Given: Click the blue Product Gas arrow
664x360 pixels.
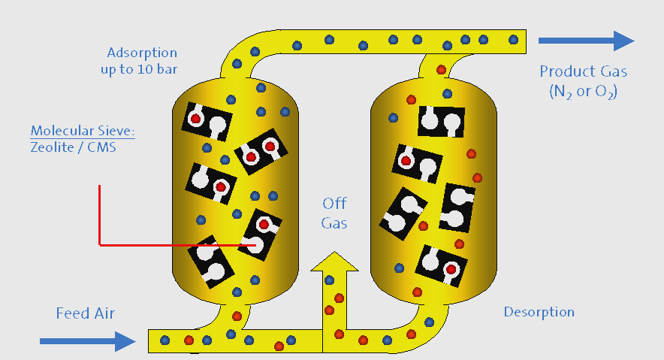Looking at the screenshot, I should click(x=587, y=41).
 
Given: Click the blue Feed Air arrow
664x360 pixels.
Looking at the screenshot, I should click(x=87, y=341).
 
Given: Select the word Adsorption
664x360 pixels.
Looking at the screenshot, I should click(x=142, y=53).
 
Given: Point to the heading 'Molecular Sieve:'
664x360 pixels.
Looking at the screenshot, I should click(x=83, y=132).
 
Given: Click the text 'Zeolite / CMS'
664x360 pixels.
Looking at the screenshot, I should click(x=74, y=147).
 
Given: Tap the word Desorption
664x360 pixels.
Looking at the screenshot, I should click(x=539, y=312).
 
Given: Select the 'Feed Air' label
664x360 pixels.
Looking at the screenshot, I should click(x=86, y=313).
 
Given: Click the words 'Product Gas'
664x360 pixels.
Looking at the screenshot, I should click(x=583, y=72).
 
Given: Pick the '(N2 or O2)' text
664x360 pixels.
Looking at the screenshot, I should click(x=583, y=92).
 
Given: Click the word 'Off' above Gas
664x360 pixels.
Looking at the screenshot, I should click(x=334, y=204).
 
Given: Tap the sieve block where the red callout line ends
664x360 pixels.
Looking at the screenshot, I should click(x=259, y=234).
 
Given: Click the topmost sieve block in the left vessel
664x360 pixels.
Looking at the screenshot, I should click(x=208, y=121).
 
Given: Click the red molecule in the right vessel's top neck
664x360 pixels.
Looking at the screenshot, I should click(x=441, y=70).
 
